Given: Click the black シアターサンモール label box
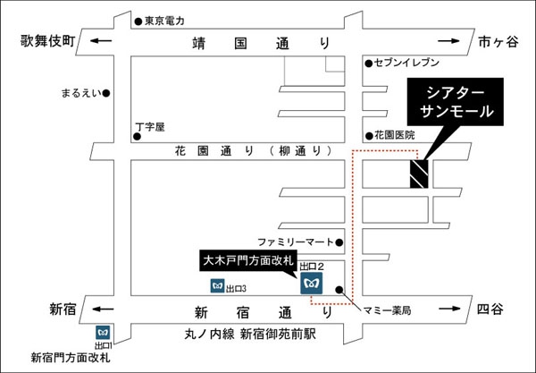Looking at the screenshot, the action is coord(455,102).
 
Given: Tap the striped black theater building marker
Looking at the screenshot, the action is coord(419,174).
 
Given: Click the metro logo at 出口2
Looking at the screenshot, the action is coord(312,283).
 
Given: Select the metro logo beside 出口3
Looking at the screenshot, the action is coord(217,285).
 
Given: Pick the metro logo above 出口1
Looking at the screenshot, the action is coord(103,333).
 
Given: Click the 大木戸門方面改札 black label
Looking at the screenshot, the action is coord(248,261).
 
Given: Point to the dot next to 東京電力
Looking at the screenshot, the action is coord(138,21).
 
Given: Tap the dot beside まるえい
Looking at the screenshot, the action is coord(106,93).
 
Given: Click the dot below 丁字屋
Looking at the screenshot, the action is coord(137,137).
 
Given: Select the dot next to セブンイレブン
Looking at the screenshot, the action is coord(368,64).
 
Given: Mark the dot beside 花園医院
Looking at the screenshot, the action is coord(369,136).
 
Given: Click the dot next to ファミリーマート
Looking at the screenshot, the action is coord(339,242).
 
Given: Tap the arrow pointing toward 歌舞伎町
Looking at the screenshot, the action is coord(101,41).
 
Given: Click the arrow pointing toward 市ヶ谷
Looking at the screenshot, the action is coord(448,41).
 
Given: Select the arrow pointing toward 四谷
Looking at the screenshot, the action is coord(450,309).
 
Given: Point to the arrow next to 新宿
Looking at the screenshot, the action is coord(103,309).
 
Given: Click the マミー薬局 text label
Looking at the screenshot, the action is coord(387,310).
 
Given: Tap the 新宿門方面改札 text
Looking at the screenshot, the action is coord(71,358).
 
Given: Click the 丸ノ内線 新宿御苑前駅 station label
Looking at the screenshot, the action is coord(250,334).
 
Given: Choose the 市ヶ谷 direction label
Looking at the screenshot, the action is coord(498,41).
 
